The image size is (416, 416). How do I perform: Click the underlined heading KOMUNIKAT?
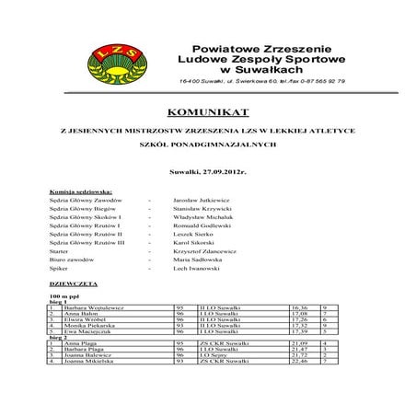click(208, 112)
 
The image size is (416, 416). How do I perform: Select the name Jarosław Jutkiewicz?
click(202, 199)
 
